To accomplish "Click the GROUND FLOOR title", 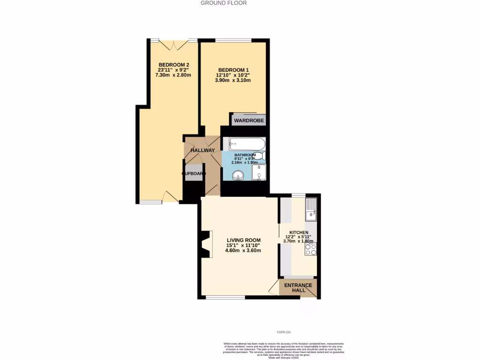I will (x=224, y=3).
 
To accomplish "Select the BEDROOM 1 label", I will (x=233, y=70).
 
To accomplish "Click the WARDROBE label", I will (x=249, y=121).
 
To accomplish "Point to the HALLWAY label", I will (x=202, y=150).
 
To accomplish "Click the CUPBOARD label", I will (x=194, y=173).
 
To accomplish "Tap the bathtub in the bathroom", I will (x=244, y=143).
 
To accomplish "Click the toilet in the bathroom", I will (x=262, y=156).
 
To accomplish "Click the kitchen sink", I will (x=311, y=210).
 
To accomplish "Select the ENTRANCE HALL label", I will (x=298, y=288).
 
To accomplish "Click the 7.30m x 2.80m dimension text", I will (x=173, y=75).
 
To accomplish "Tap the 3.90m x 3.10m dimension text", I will (x=233, y=80).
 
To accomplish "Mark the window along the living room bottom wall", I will (x=225, y=297).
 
